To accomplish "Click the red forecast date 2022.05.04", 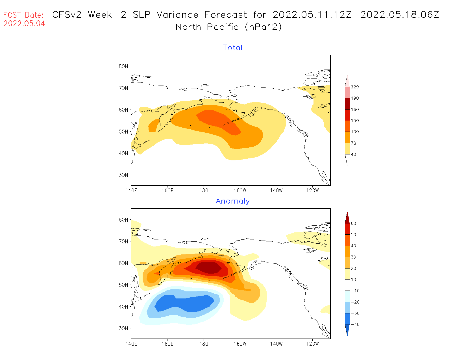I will pyautogui.click(x=24, y=24).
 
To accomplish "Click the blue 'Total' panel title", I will pyautogui.click(x=233, y=48).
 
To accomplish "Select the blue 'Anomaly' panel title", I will pyautogui.click(x=233, y=201).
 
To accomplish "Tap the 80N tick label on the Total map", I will pyautogui.click(x=123, y=66).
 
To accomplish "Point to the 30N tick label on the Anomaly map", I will pyautogui.click(x=123, y=328).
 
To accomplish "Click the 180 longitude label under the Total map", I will pyautogui.click(x=204, y=191).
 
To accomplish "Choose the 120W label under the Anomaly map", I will pyautogui.click(x=312, y=344).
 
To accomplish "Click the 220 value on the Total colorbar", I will pyautogui.click(x=355, y=87).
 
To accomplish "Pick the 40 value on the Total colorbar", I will pyautogui.click(x=353, y=154).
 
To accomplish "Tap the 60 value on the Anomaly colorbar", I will pyautogui.click(x=353, y=224).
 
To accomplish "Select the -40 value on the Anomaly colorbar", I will pyautogui.click(x=355, y=324).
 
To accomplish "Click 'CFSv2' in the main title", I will pyautogui.click(x=67, y=15).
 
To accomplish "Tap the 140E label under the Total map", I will pyautogui.click(x=131, y=191).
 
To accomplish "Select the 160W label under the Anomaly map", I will pyautogui.click(x=240, y=344).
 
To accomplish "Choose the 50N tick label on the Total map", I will pyautogui.click(x=123, y=132).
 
